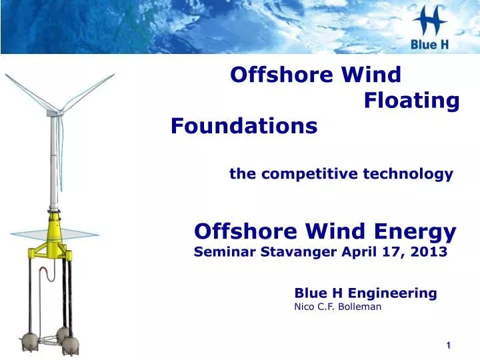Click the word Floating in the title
[x=412, y=101]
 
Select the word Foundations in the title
[x=244, y=125]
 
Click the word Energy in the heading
[x=413, y=231]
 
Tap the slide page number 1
[x=449, y=345]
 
